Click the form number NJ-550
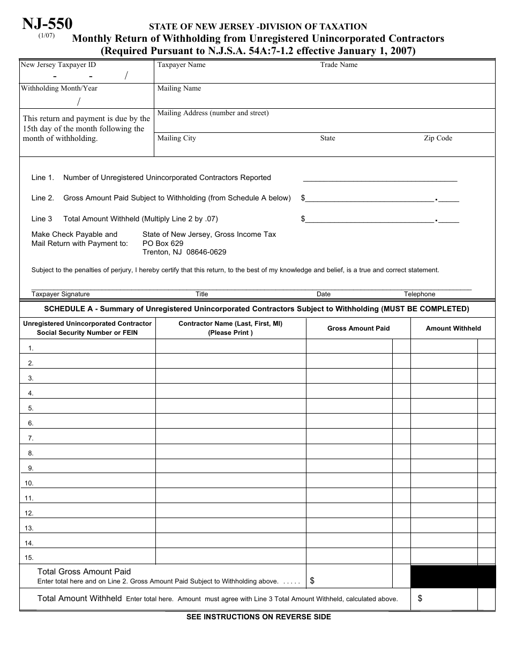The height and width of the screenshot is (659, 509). pyautogui.click(x=47, y=24)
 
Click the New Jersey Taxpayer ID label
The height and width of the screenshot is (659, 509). pyautogui.click(x=58, y=65)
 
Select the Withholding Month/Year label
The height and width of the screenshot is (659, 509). pyautogui.click(x=59, y=88)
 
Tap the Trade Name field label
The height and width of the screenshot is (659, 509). pyautogui.click(x=339, y=65)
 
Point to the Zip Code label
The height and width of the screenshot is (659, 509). pyautogui.click(x=438, y=138)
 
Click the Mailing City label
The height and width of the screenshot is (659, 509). pyautogui.click(x=176, y=138)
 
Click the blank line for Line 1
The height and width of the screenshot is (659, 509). pyautogui.click(x=380, y=178)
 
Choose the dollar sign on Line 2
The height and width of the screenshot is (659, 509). pyautogui.click(x=303, y=198)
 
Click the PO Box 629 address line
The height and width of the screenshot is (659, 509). pyautogui.click(x=163, y=243)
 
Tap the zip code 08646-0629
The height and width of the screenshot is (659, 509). pyautogui.click(x=206, y=252)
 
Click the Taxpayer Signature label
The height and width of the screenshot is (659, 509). pyautogui.click(x=61, y=294)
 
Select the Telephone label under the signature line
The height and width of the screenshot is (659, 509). pyautogui.click(x=420, y=294)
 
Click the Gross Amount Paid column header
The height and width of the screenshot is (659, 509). pyautogui.click(x=358, y=328)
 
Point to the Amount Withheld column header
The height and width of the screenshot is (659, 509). pyautogui.click(x=453, y=328)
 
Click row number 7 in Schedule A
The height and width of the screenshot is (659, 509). pyautogui.click(x=31, y=438)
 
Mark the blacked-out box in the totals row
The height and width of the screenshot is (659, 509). pyautogui.click(x=453, y=576)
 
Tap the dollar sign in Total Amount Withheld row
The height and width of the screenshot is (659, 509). pyautogui.click(x=420, y=599)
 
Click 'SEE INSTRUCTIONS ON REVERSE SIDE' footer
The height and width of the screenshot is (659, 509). pyautogui.click(x=258, y=617)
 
